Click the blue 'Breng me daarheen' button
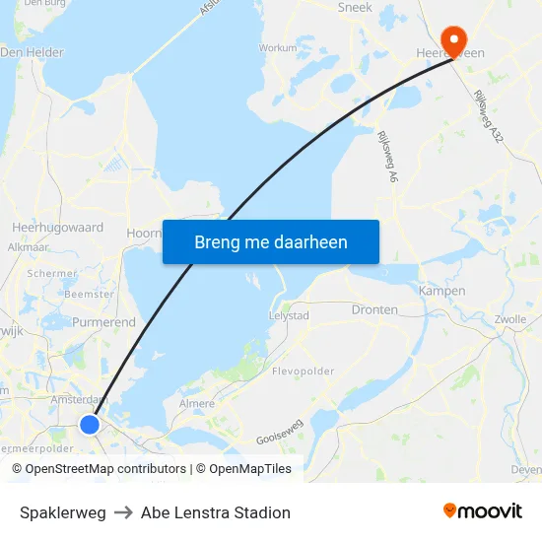271,241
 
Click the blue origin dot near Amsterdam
90,424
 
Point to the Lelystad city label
289,315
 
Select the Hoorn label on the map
145,234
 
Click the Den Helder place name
33,52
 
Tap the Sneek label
355,7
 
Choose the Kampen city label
441,291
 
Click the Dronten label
374,309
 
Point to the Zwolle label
509,319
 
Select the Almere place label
196,404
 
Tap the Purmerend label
103,322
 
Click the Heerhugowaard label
57,227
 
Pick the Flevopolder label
303,373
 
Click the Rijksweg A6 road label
387,157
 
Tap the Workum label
277,47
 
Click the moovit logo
482,511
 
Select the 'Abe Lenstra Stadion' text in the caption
216,512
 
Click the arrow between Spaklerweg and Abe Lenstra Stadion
123,512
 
